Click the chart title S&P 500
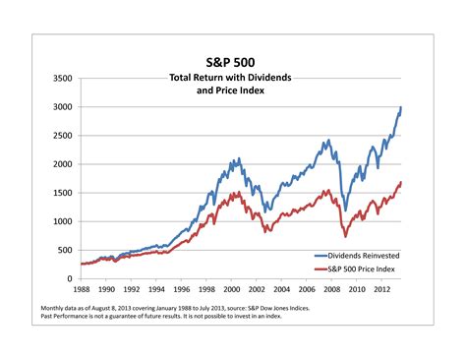click(232, 61)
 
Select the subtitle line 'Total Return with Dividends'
click(232, 77)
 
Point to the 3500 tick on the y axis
click(60, 78)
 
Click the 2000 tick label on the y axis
click(60, 164)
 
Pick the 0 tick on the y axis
click(68, 278)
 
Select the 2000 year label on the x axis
click(234, 290)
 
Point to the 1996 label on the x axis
click(183, 290)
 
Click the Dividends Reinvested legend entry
click(359, 254)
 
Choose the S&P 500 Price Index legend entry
click(360, 268)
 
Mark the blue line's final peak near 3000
click(401, 107)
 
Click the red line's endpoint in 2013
click(401, 182)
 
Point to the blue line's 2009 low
click(345, 210)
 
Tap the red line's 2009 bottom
click(345, 236)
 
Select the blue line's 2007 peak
click(327, 141)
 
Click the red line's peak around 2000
click(235, 194)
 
